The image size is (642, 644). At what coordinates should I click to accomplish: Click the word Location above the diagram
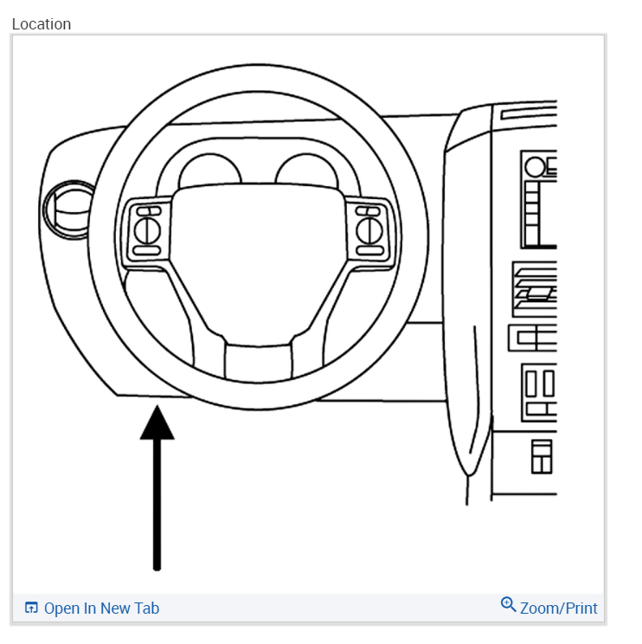42,24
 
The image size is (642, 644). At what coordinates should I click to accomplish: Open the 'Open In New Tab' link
101,609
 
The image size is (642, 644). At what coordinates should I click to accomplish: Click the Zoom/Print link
558,609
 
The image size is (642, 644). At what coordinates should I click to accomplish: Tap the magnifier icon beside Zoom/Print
509,605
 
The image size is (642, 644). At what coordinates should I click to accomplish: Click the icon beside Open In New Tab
31,609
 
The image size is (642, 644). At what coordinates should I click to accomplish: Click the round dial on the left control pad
146,230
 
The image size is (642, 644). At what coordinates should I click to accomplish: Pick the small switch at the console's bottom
542,456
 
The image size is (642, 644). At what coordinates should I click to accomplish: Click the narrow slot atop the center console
529,115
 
